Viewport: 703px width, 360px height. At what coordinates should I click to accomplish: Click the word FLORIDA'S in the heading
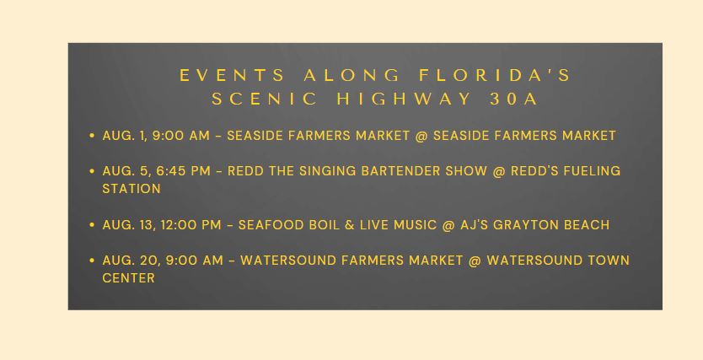[x=495, y=75]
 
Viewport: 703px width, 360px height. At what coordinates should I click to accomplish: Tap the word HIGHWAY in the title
[x=405, y=99]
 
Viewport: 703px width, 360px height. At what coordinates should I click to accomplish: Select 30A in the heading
[x=513, y=99]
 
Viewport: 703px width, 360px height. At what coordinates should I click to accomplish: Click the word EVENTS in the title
[x=233, y=75]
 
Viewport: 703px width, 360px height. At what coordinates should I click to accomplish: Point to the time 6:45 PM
[x=183, y=171]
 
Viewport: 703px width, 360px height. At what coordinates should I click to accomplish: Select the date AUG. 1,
[x=125, y=136]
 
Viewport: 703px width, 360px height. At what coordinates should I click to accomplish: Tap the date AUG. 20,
[x=131, y=261]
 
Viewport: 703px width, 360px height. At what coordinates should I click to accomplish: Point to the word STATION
[x=131, y=189]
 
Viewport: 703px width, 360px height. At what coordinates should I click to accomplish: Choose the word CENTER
[x=128, y=278]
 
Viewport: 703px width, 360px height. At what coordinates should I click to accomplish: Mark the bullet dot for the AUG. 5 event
[x=92, y=171]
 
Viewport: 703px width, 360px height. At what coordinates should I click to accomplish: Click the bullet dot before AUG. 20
[x=92, y=260]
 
